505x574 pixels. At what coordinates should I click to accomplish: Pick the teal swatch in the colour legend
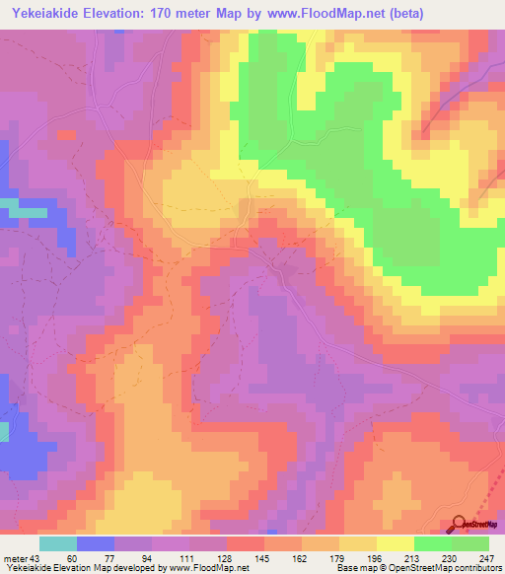point(58,543)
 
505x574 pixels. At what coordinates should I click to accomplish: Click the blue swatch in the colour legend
point(96,543)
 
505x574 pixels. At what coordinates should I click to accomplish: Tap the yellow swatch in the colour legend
point(396,543)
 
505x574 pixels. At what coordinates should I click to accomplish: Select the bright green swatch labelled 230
point(433,543)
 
